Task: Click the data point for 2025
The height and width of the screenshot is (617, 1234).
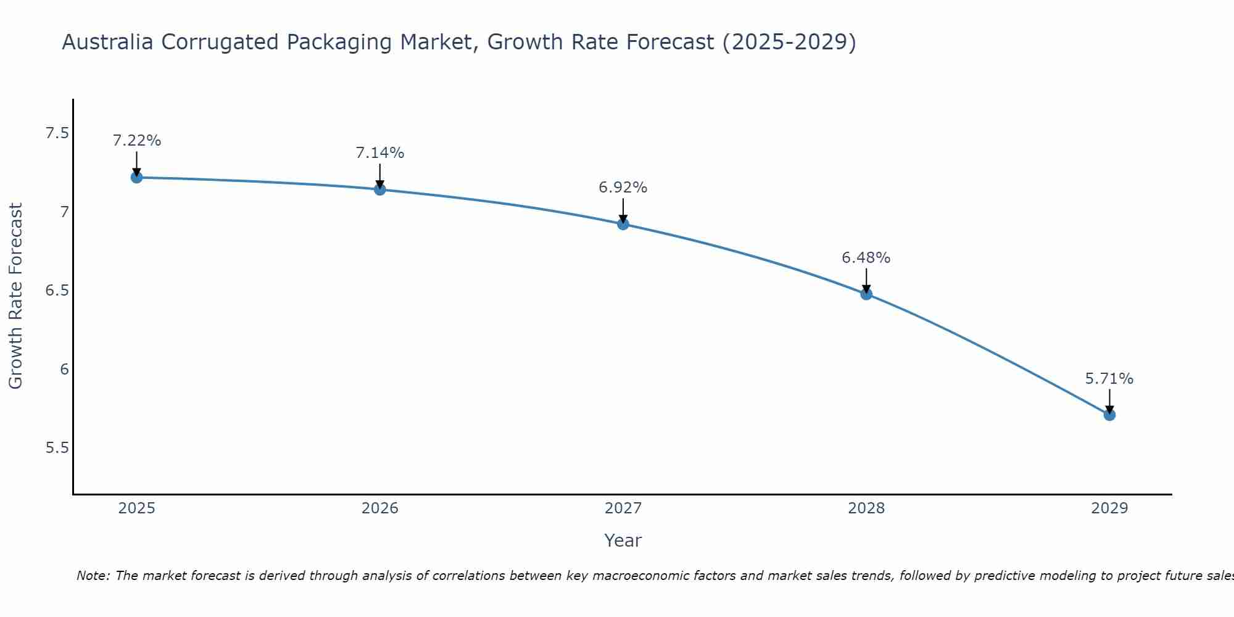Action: pos(137,178)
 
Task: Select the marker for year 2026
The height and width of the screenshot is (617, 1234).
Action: pos(380,189)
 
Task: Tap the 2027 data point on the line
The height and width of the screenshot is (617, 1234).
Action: pos(623,224)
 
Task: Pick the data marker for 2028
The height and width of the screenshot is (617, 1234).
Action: pos(866,294)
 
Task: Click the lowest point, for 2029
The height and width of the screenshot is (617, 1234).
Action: pos(1109,415)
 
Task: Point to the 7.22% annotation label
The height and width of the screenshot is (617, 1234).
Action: pos(137,141)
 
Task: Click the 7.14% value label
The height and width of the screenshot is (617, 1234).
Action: pos(380,153)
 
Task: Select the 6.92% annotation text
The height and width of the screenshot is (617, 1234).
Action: pos(623,188)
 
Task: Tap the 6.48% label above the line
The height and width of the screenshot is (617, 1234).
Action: pos(866,258)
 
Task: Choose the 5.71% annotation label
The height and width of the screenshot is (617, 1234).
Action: pos(1109,379)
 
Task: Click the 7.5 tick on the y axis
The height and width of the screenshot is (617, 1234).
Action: pos(57,133)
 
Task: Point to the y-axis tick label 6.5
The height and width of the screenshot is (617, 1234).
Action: pos(57,291)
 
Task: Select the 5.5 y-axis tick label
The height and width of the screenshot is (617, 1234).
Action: pos(57,448)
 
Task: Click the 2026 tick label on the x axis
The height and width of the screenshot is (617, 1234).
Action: pos(380,508)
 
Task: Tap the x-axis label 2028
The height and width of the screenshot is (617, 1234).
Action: pos(866,508)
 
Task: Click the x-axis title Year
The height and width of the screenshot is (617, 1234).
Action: pos(623,540)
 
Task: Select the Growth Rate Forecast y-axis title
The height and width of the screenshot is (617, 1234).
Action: pos(16,296)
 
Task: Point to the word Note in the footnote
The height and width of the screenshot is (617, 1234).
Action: pos(92,576)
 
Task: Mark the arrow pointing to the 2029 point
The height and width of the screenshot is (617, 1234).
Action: pos(1109,401)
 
